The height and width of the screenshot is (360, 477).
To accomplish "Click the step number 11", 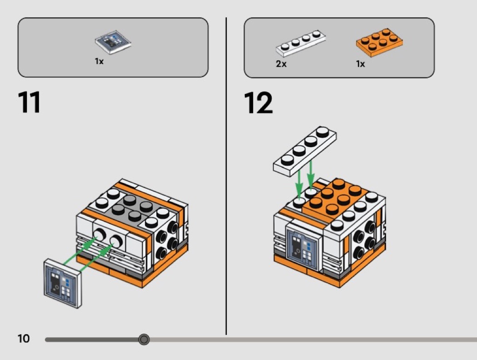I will tap(29, 103).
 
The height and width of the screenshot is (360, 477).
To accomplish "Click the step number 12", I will tap(258, 103).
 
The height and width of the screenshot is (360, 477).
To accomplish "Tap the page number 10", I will tap(24, 339).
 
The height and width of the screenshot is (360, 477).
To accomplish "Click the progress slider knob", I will tap(144, 339).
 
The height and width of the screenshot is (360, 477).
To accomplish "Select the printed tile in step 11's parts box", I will tap(113, 43).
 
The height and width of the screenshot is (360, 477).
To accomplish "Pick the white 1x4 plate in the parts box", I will tap(300, 42).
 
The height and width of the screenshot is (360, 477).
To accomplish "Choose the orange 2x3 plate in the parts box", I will tap(379, 42).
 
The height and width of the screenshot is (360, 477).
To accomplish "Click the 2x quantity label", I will tap(281, 64).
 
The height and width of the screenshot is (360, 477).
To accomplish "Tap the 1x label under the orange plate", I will tap(360, 64).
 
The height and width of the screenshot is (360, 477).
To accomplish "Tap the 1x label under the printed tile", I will tap(99, 61).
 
